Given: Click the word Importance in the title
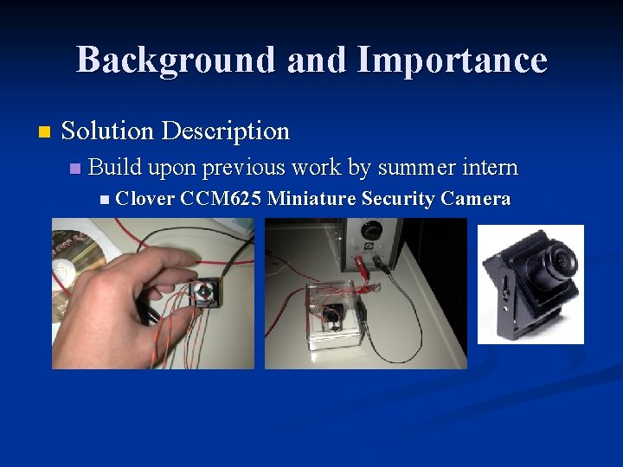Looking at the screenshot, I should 452,61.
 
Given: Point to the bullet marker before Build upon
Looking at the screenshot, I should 75,168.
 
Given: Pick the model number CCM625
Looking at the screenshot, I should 221,200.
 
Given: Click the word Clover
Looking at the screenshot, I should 145,200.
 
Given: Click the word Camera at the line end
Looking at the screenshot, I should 475,200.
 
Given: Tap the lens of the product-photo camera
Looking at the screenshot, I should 563,260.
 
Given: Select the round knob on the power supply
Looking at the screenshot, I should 371,232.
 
